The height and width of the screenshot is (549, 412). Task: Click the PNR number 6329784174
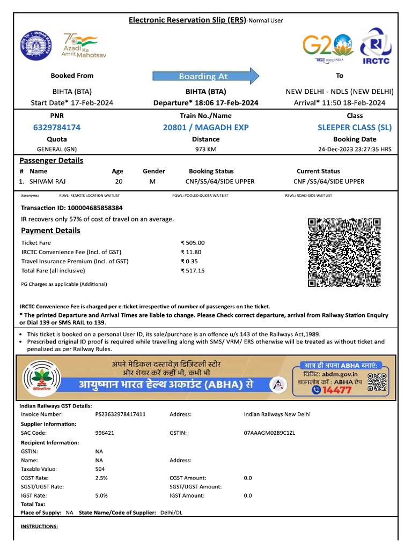tap(57, 127)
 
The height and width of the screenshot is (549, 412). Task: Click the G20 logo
tap(328, 47)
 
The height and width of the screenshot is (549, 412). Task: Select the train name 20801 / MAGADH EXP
tap(206, 127)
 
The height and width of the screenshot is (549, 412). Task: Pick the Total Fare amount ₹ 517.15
tap(193, 271)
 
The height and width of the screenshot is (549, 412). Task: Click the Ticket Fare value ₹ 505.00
tap(193, 243)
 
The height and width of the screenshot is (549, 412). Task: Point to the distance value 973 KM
tap(205, 149)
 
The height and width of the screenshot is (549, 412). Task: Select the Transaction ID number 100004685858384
tap(92, 207)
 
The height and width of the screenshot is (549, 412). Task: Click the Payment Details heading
tap(50, 231)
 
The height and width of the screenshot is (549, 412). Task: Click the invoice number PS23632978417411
tap(120, 414)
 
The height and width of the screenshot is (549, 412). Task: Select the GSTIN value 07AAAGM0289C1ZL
tap(269, 432)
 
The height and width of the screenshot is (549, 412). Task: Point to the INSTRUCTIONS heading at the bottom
tap(39, 526)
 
